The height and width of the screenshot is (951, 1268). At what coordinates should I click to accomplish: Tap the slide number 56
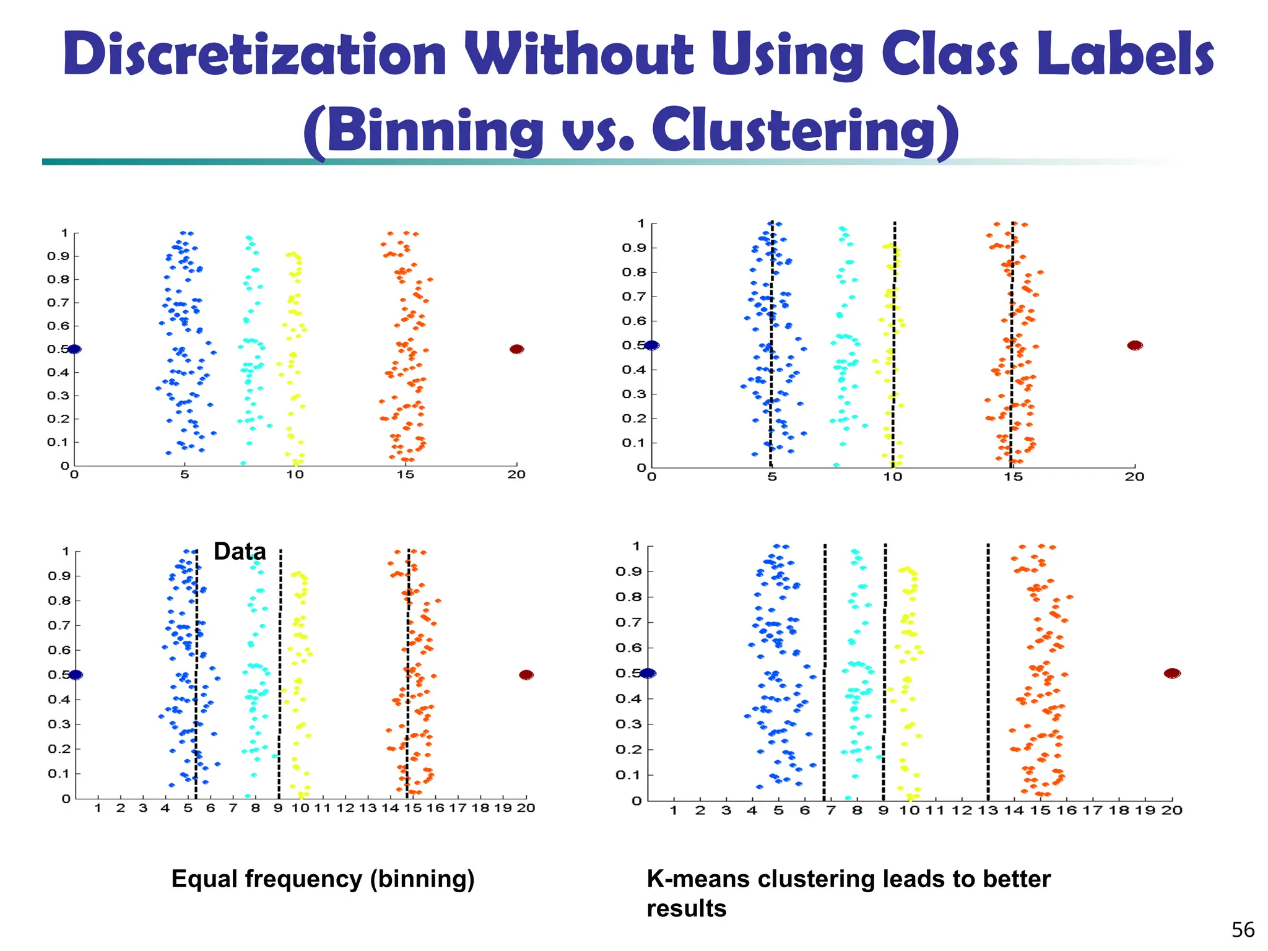coord(1242,930)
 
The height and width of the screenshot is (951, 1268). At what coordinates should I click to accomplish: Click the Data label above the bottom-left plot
coord(240,551)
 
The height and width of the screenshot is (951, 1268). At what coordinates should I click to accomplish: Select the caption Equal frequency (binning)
coord(323,879)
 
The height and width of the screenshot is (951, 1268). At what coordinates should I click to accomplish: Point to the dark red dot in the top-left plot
coord(516,349)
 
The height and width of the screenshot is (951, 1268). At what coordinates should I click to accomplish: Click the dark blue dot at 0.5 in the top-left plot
coord(74,349)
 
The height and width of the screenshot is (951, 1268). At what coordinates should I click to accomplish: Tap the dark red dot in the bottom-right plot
coord(1172,673)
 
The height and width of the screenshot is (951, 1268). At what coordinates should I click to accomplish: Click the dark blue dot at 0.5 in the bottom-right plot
coord(648,673)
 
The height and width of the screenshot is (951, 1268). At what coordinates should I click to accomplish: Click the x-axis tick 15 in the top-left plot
coord(405,475)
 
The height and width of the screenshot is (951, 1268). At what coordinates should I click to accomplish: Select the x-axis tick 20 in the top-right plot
coord(1134,477)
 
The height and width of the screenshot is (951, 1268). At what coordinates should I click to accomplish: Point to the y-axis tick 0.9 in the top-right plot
coord(633,248)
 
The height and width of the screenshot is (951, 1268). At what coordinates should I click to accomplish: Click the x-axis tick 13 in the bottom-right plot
coord(988,810)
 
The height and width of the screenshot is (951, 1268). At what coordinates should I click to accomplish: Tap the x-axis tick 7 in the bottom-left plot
coord(233,808)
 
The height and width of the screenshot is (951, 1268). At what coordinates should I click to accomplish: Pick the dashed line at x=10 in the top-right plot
coord(893,347)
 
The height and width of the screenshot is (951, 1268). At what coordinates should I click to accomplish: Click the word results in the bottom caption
coord(686,909)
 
